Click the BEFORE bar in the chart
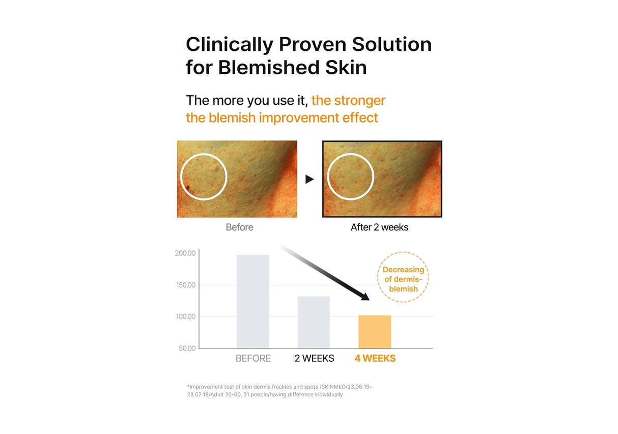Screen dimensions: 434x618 tap(252, 301)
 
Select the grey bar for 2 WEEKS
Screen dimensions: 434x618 tap(314, 322)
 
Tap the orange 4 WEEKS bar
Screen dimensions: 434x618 tap(375, 332)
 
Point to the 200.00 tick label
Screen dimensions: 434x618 tap(185, 253)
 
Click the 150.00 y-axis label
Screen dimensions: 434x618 tap(185, 285)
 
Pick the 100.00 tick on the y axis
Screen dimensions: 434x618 tap(185, 316)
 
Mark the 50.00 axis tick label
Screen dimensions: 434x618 tap(186, 349)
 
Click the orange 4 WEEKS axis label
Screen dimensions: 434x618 tap(375, 359)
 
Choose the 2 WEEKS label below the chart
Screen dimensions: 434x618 tap(314, 359)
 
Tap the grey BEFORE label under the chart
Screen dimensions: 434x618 tap(253, 359)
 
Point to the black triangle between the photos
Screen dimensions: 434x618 tap(310, 179)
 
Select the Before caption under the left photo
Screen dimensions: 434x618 tap(239, 227)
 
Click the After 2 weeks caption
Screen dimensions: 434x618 tap(379, 227)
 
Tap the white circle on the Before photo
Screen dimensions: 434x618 tap(204, 177)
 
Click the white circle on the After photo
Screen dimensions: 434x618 tap(350, 177)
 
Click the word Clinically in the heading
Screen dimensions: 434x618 tap(229, 45)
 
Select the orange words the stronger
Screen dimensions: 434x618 tap(348, 100)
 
